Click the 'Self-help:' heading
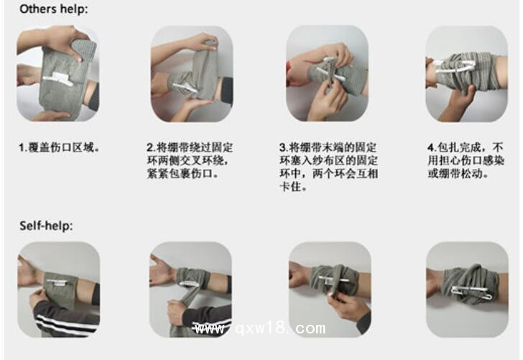[x=46, y=226]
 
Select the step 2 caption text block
[x=190, y=160]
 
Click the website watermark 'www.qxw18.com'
[x=259, y=329]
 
